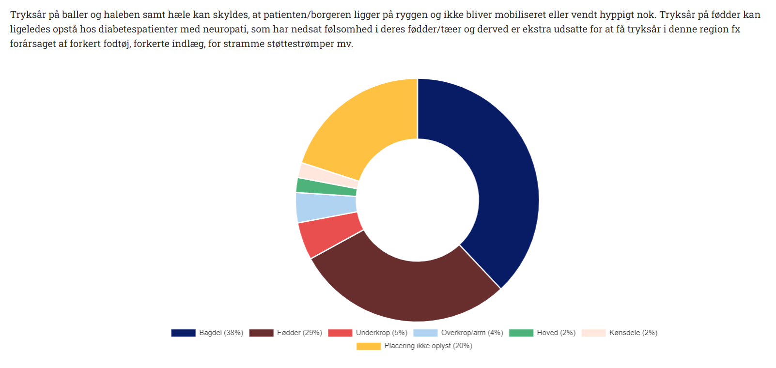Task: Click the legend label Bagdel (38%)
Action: (x=221, y=333)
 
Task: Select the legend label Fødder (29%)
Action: (x=299, y=333)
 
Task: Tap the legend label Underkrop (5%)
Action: (x=381, y=333)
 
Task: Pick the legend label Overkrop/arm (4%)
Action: (x=472, y=333)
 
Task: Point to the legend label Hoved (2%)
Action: (x=556, y=333)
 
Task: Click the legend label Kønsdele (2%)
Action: (x=633, y=333)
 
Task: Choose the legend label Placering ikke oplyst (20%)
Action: (x=428, y=346)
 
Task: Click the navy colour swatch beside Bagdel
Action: (x=183, y=333)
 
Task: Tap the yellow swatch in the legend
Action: (x=368, y=346)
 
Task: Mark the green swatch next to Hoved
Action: (x=521, y=333)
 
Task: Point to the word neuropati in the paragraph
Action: (x=224, y=29)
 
